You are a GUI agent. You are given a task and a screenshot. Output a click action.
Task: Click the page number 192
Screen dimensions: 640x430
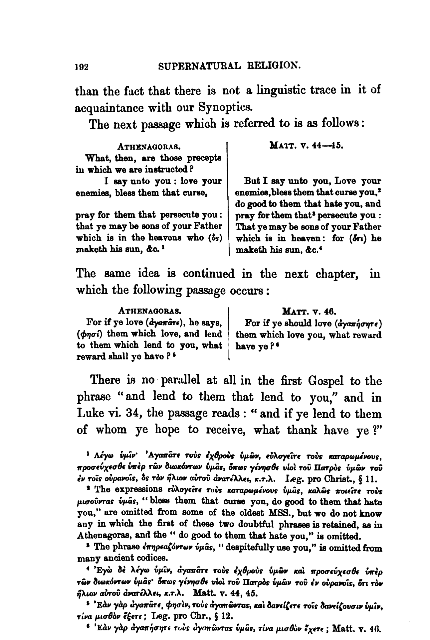[82, 67]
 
